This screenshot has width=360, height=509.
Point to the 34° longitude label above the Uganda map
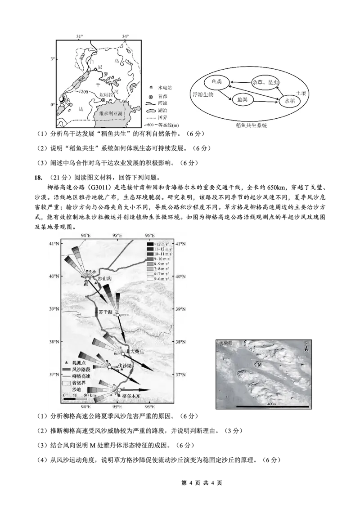coord(125,36)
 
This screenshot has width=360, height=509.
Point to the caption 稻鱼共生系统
coord(248,126)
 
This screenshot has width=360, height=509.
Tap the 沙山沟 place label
coord(104,279)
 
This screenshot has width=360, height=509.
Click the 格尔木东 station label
coord(131,396)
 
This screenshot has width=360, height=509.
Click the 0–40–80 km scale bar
coord(75,397)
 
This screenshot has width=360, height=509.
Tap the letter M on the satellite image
coord(260,365)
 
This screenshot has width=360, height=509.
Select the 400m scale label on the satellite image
coord(271,404)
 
